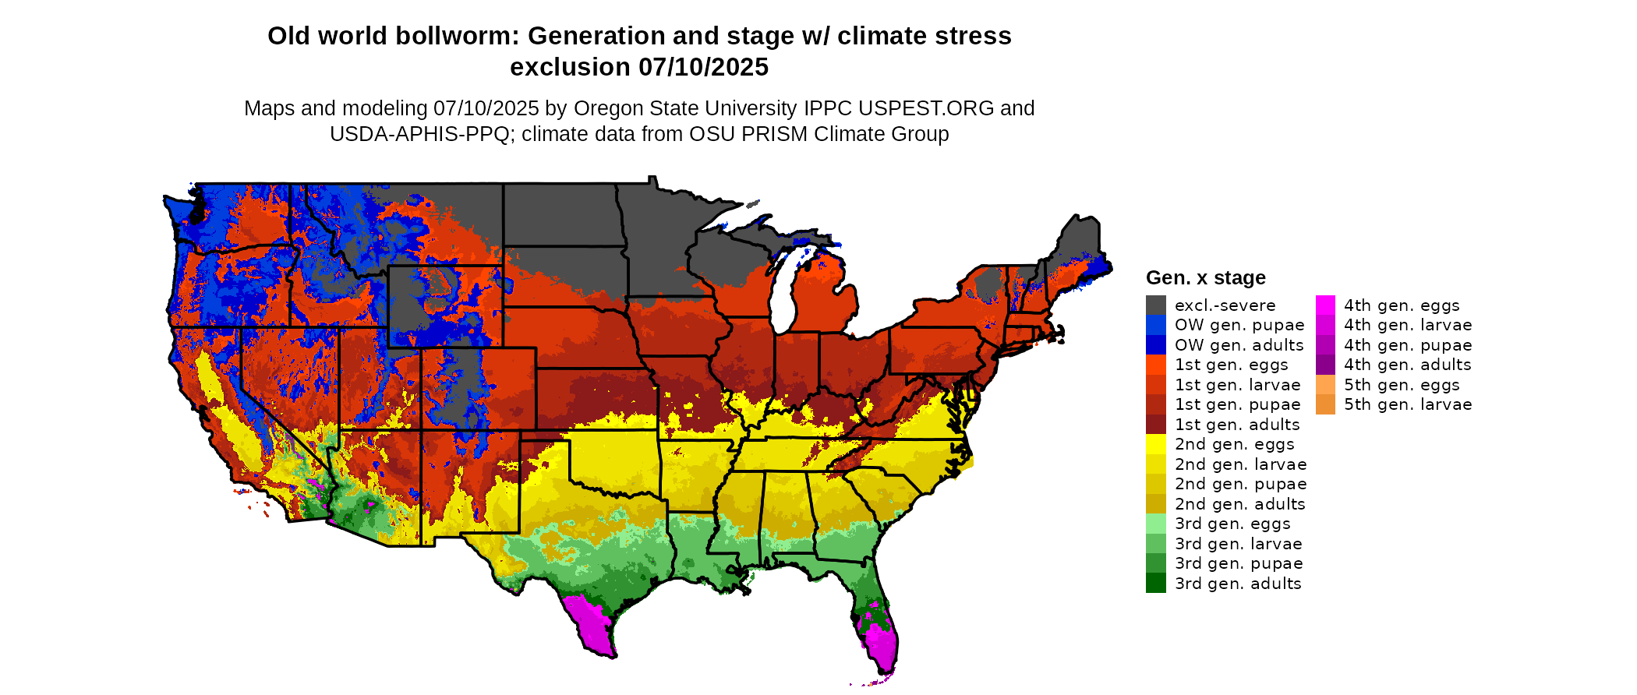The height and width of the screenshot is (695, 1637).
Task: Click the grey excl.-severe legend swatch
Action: pyautogui.click(x=1155, y=305)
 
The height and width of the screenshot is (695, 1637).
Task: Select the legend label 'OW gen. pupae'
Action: pyautogui.click(x=1239, y=325)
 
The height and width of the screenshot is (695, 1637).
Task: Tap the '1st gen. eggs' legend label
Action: pyautogui.click(x=1232, y=365)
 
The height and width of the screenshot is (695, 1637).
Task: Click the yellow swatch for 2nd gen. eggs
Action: pyautogui.click(x=1155, y=444)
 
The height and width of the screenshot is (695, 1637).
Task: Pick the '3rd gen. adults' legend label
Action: pyautogui.click(x=1238, y=584)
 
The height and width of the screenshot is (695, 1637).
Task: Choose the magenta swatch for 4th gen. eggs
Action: pyautogui.click(x=1325, y=305)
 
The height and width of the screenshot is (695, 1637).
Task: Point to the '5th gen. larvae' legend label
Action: pyautogui.click(x=1408, y=404)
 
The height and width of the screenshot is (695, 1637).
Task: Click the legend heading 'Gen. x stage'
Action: pyautogui.click(x=1205, y=277)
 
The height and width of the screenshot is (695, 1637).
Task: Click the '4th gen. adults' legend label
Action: pyautogui.click(x=1407, y=365)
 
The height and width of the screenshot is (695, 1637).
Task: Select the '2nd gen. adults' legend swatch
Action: pyautogui.click(x=1155, y=504)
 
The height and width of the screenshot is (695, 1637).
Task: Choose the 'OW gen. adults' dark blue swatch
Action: pyautogui.click(x=1155, y=345)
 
